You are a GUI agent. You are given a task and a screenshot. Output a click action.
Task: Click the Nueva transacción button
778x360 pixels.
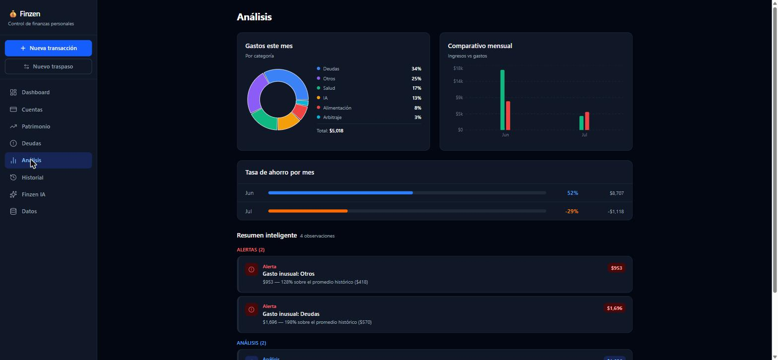coord(48,48)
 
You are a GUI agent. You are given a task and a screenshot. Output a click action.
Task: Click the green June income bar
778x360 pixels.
coord(502,100)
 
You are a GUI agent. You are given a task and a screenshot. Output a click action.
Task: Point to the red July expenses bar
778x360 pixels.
coord(587,121)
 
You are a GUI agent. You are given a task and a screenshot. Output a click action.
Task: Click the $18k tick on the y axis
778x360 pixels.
coord(458,68)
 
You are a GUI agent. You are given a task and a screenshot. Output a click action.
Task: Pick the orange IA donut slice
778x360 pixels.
coord(288,122)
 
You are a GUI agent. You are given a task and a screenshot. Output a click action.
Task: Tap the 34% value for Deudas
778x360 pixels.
coord(416,69)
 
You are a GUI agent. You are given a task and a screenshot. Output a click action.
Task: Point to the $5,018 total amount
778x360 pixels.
coord(336,131)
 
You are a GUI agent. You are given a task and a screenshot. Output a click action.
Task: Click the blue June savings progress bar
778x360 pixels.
coord(340,193)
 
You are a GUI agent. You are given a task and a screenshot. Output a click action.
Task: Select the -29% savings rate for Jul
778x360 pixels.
coord(572,211)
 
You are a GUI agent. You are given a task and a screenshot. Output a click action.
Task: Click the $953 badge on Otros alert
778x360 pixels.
coord(616,268)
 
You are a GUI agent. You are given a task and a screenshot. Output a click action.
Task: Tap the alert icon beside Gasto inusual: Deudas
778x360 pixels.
coord(252,309)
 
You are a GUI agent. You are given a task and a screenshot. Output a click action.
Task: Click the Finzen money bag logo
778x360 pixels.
coord(13,14)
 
